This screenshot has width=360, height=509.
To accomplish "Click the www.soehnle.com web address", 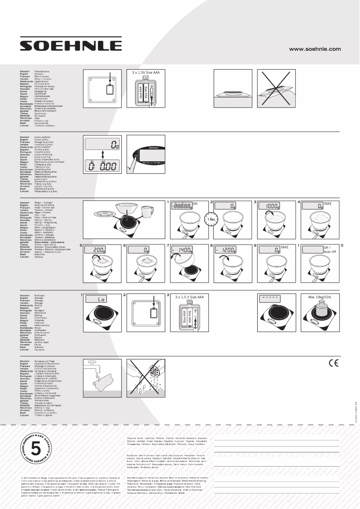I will point(315,49).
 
